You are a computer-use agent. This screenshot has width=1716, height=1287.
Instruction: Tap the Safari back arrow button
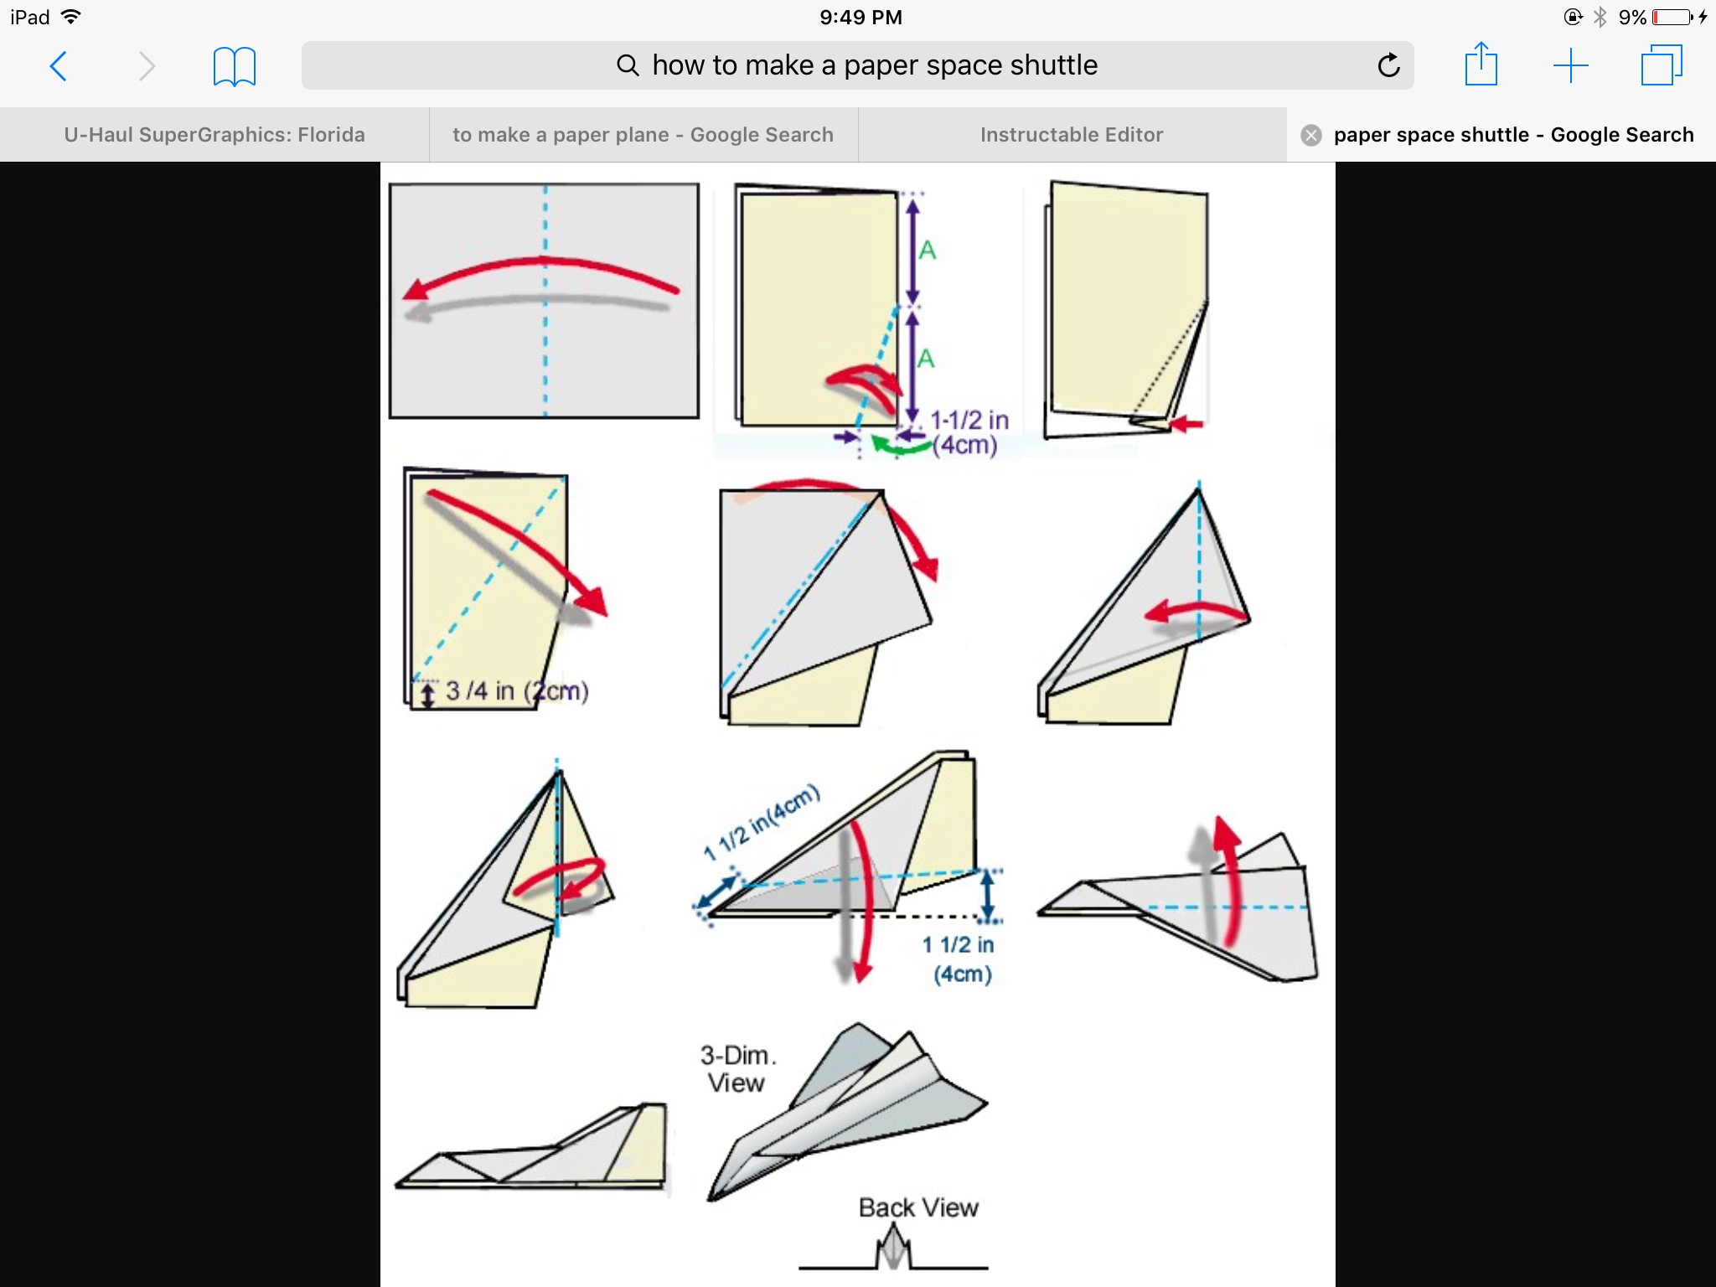click(59, 66)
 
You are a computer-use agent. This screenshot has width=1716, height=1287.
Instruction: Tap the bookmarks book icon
click(234, 66)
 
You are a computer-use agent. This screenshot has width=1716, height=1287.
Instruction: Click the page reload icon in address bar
click(1388, 65)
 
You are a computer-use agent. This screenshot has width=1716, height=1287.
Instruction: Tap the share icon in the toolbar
click(1481, 65)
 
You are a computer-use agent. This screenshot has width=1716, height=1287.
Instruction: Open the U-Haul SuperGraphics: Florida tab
click(214, 135)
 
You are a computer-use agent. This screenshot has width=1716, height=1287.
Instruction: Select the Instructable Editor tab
click(1072, 135)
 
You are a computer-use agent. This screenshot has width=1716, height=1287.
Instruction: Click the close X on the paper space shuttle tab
click(1311, 135)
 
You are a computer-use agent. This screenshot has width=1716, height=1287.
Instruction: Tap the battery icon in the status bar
click(1672, 17)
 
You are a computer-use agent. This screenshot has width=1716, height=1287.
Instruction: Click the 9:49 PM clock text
click(861, 17)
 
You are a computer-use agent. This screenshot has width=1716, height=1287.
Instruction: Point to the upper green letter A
click(927, 250)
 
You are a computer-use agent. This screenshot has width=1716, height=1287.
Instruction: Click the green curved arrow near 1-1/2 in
click(900, 445)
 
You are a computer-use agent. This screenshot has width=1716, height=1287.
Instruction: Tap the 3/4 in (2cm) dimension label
click(516, 691)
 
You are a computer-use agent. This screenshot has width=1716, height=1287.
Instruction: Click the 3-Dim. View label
click(737, 1068)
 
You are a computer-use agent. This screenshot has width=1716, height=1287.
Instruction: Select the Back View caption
click(918, 1207)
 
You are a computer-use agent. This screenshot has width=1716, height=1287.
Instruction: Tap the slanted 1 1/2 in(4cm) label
click(762, 823)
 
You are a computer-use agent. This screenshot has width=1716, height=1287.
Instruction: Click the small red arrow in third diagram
click(1186, 424)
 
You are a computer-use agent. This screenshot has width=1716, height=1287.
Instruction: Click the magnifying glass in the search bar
click(628, 65)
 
